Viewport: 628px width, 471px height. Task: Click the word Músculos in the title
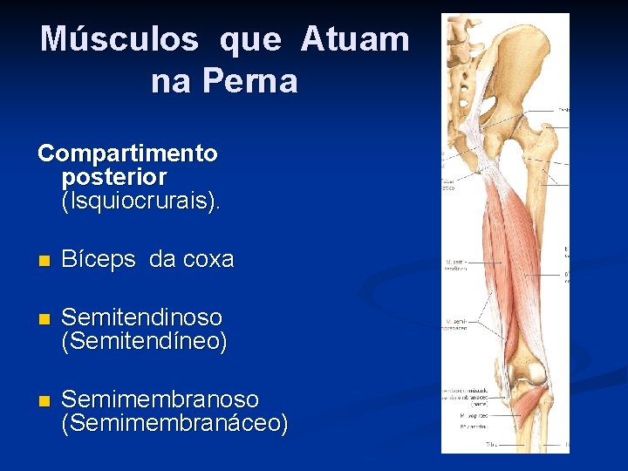click(x=119, y=39)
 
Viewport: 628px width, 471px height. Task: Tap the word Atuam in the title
click(x=355, y=39)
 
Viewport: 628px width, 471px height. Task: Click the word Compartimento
click(x=127, y=154)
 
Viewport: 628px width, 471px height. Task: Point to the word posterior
click(x=114, y=178)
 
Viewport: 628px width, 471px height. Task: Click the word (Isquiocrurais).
click(x=141, y=202)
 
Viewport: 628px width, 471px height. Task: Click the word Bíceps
click(x=99, y=260)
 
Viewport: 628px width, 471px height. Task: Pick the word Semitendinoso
click(x=141, y=317)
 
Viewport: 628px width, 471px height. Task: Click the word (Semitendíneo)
click(x=144, y=342)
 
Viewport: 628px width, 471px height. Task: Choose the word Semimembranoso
click(x=160, y=400)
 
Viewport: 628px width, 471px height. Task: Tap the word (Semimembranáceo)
click(x=174, y=425)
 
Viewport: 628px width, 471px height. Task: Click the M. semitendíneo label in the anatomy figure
click(x=457, y=267)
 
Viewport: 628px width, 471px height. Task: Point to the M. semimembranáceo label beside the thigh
click(x=456, y=324)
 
